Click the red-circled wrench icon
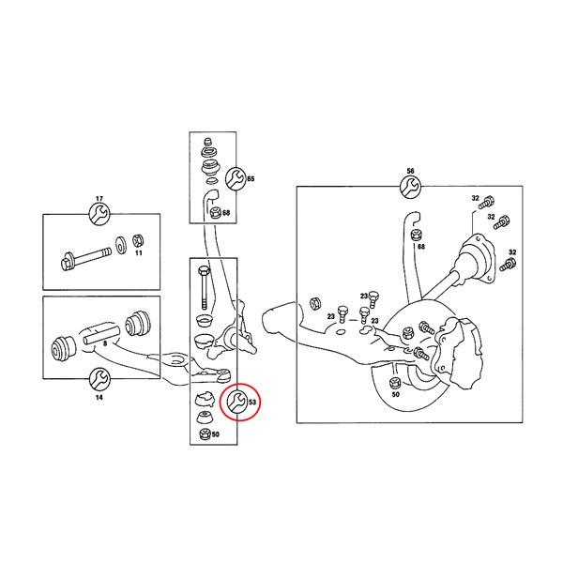(236, 403)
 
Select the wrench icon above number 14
(99, 378)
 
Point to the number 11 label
(137, 254)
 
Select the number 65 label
(251, 178)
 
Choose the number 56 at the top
(409, 172)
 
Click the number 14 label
(99, 396)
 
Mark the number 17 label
(99, 199)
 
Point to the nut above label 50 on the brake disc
(395, 382)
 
